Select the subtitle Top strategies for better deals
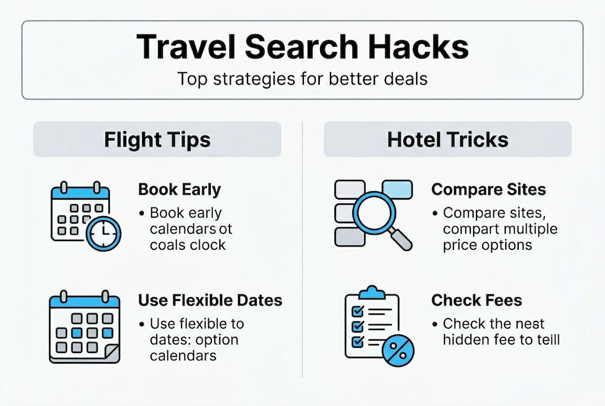302,78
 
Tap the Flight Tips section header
157,140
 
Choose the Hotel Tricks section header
448,140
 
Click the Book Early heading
179,189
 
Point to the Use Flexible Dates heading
210,300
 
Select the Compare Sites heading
488,189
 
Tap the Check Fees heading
476,300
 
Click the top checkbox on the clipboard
357,311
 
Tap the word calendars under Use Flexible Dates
183,356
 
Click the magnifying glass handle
401,239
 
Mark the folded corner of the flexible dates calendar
111,354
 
